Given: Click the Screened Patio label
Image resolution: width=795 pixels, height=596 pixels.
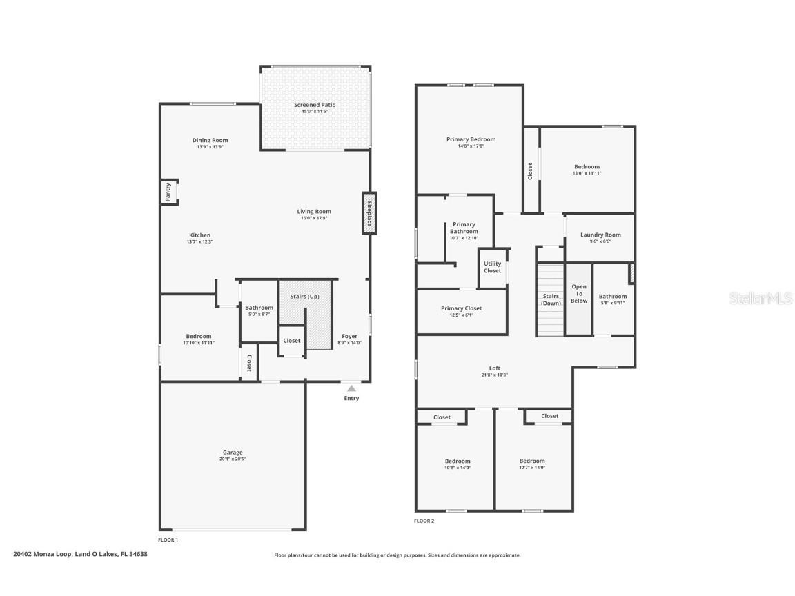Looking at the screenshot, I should click(x=315, y=105).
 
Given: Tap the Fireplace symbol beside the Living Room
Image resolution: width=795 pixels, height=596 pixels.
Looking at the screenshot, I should click(x=369, y=213).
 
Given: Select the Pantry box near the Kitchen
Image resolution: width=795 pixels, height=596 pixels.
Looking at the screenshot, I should click(x=168, y=192).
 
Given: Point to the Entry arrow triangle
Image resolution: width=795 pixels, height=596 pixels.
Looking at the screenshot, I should click(x=351, y=389).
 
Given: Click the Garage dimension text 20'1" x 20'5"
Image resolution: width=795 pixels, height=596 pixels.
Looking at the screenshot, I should click(x=233, y=459).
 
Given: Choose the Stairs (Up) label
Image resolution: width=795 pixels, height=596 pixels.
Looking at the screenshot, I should click(x=304, y=296).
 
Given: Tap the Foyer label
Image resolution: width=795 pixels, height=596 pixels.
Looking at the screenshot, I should click(x=350, y=336).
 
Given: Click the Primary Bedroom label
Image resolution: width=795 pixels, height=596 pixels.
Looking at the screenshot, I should click(x=471, y=139).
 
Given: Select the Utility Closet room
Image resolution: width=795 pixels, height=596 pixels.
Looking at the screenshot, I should click(x=493, y=267).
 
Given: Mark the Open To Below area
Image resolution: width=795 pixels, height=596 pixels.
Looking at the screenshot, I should click(x=579, y=294).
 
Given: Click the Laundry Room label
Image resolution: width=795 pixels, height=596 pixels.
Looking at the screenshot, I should click(x=600, y=235).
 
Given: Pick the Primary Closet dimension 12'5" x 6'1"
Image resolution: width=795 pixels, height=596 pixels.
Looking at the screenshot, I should click(x=461, y=315).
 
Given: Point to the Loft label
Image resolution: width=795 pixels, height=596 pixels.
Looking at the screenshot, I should click(x=495, y=368).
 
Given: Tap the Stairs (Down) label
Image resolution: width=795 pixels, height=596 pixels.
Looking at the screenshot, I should click(x=551, y=299).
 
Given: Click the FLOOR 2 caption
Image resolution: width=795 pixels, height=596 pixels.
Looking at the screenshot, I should click(x=424, y=521).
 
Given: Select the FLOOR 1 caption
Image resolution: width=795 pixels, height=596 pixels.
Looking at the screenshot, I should click(x=168, y=539).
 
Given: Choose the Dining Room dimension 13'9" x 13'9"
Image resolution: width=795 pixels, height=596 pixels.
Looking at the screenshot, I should click(x=210, y=147).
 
